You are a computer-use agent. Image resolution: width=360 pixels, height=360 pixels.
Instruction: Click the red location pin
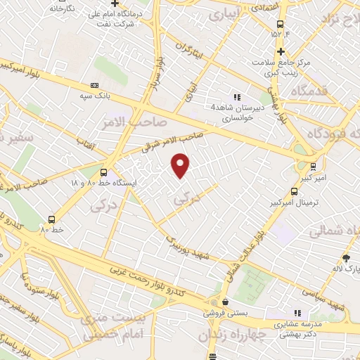[x=181, y=165]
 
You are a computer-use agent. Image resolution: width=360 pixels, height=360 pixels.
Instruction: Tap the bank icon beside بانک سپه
[x=95, y=86]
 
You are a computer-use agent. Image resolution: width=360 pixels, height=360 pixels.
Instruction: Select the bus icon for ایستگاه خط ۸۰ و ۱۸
[x=104, y=172]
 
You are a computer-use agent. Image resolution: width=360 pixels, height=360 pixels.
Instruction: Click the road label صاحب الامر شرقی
[x=173, y=139]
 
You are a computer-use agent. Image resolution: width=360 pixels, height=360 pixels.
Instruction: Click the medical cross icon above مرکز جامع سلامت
[x=280, y=51]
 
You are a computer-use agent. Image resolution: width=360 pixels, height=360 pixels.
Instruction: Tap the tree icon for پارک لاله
[x=345, y=258]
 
